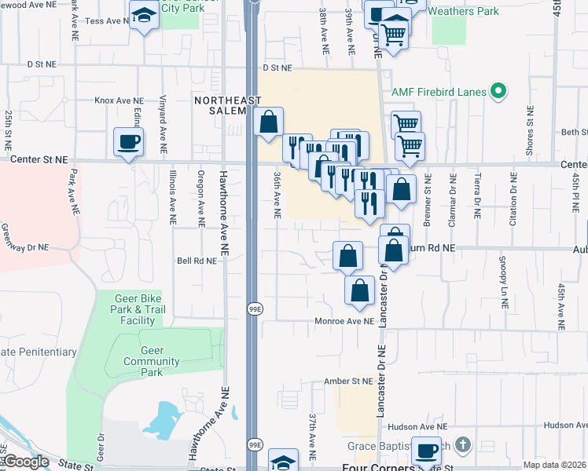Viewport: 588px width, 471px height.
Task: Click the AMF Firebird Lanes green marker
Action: coord(497,92)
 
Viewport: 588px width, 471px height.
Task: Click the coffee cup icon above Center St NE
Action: coord(129,142)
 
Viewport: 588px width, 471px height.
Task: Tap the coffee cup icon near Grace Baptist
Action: coord(426,451)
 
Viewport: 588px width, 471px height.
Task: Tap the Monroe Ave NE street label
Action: coord(344,321)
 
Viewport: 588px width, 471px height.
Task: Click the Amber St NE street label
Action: coord(347,382)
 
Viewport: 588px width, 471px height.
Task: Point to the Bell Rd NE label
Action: coord(197,261)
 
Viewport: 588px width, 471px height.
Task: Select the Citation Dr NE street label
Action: coord(513,205)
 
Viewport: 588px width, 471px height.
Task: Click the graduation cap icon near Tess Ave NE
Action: coord(144,15)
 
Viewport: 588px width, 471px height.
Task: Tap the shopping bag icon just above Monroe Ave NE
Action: coord(359,290)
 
